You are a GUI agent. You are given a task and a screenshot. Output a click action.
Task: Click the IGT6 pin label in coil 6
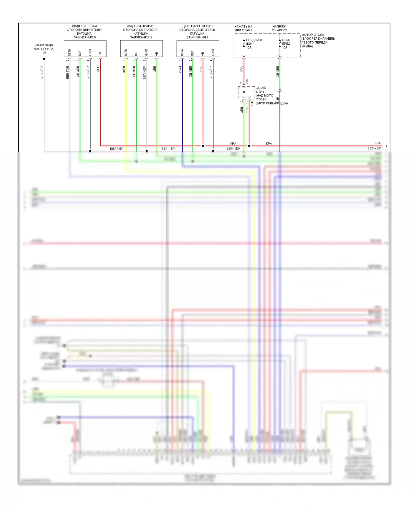(69, 52)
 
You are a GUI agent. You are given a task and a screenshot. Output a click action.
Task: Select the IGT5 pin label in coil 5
(126, 52)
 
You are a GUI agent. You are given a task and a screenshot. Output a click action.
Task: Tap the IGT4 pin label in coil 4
(182, 52)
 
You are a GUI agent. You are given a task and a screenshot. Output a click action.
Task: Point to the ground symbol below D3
(44, 58)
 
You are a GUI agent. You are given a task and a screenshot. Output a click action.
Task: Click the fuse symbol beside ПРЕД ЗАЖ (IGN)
(244, 44)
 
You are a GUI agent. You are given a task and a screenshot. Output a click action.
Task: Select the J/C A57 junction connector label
(261, 88)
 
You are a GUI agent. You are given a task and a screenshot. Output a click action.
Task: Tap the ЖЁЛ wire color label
(124, 69)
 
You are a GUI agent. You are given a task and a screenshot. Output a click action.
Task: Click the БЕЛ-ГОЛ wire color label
(68, 73)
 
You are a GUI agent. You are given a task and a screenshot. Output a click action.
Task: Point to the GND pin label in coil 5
(146, 52)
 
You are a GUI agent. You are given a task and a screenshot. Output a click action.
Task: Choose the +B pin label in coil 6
(100, 53)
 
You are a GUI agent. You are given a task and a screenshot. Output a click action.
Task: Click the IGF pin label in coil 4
(192, 53)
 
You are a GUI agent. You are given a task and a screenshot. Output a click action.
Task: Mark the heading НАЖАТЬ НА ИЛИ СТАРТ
(243, 28)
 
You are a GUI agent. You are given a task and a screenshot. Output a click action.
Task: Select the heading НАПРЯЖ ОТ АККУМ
(279, 28)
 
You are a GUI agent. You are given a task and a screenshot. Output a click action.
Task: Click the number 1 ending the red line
(386, 146)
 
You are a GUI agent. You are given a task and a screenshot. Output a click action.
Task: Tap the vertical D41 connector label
(252, 103)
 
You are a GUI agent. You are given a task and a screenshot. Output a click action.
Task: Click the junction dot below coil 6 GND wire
(90, 151)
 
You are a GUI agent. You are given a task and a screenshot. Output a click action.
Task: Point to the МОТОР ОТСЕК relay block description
(318, 40)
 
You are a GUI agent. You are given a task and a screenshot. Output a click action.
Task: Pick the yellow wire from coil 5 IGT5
(126, 105)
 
